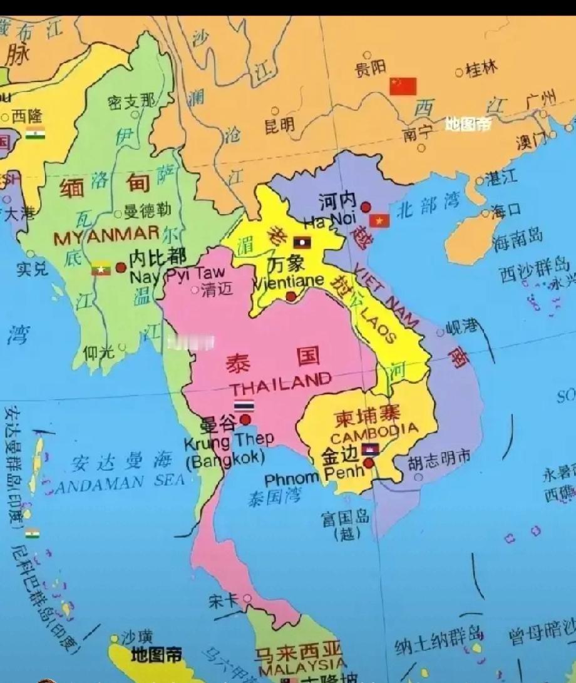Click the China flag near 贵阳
(403, 86)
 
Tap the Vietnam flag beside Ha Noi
(379, 220)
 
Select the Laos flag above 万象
(302, 242)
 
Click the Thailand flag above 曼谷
(244, 406)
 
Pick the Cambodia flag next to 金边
(369, 449)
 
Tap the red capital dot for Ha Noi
(366, 207)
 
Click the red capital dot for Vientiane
(291, 296)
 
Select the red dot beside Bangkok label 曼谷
(245, 419)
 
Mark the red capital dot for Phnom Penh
(369, 463)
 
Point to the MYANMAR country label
(106, 236)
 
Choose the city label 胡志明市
(438, 458)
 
